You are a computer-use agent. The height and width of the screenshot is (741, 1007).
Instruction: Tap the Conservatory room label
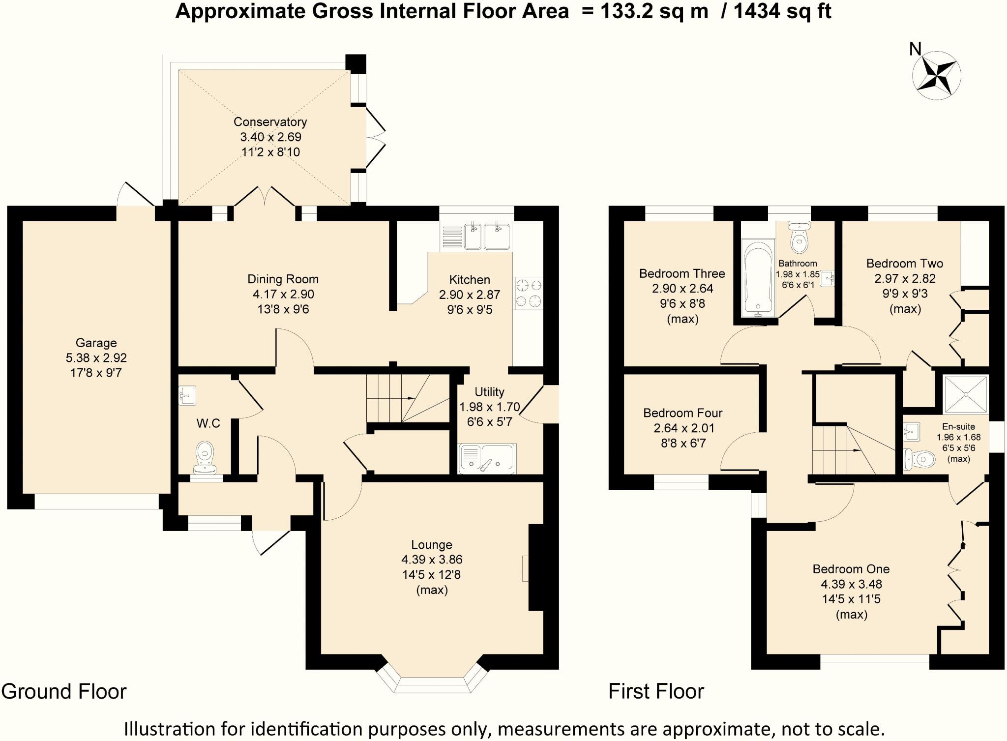click(270, 122)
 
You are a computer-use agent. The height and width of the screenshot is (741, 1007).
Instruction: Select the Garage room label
click(96, 343)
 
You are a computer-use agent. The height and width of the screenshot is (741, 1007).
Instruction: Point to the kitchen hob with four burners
click(528, 293)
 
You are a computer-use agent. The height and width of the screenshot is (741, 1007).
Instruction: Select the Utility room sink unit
click(487, 458)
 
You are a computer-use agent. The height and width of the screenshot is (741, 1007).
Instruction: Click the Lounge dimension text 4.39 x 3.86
click(432, 560)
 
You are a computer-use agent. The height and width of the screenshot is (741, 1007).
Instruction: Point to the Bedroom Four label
click(682, 413)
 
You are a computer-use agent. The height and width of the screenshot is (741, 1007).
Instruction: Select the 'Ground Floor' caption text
click(64, 691)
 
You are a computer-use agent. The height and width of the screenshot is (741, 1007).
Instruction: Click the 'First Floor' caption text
click(656, 691)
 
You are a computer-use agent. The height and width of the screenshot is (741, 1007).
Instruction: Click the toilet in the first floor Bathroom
click(798, 236)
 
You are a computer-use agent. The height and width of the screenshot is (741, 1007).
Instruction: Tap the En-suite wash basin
click(911, 432)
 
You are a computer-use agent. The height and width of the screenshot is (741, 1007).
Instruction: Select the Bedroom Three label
click(682, 273)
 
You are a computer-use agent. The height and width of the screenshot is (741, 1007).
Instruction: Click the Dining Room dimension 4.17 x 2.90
click(283, 294)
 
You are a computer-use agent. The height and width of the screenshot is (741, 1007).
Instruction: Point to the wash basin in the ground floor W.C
click(187, 395)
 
